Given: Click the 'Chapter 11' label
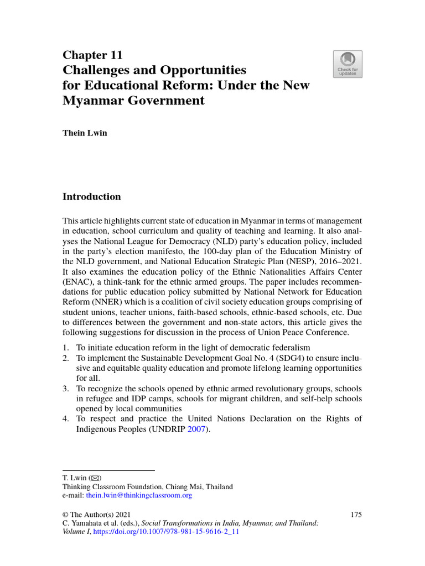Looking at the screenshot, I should pos(92,55).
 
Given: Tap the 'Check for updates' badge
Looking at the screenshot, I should pos(348,64).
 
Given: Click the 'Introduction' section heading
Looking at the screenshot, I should pos(91,197).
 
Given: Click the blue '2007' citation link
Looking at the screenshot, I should pos(196,429).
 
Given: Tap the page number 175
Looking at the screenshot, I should pos(356,515).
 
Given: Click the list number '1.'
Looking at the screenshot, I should pos(65,348).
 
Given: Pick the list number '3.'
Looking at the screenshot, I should pos(65,389).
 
